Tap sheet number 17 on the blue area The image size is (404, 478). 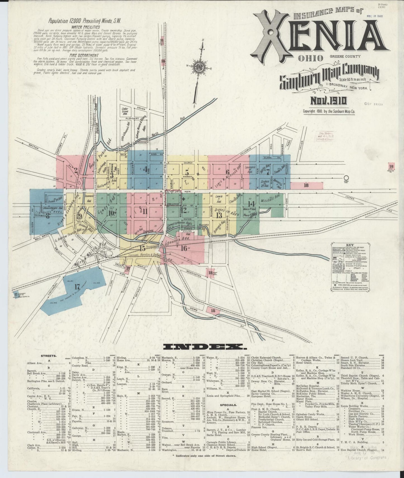[77, 287]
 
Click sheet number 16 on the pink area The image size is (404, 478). [184, 248]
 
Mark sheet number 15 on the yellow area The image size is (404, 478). [143, 248]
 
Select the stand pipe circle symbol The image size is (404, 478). [346, 177]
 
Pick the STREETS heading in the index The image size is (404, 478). [49, 356]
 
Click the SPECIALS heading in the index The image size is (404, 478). [229, 404]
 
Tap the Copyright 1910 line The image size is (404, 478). [329, 111]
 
